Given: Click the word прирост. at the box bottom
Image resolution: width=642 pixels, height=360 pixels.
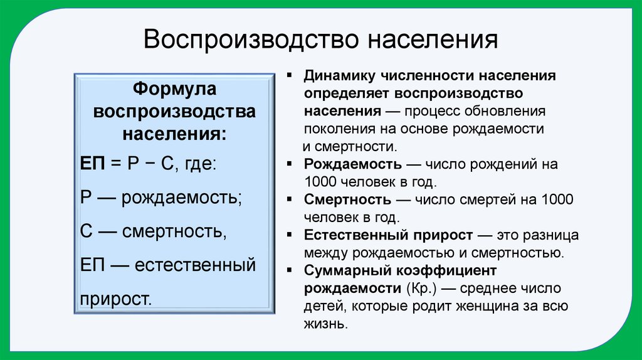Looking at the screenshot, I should (117, 297).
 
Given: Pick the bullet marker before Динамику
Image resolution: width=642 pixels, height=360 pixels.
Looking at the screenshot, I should (290, 76).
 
